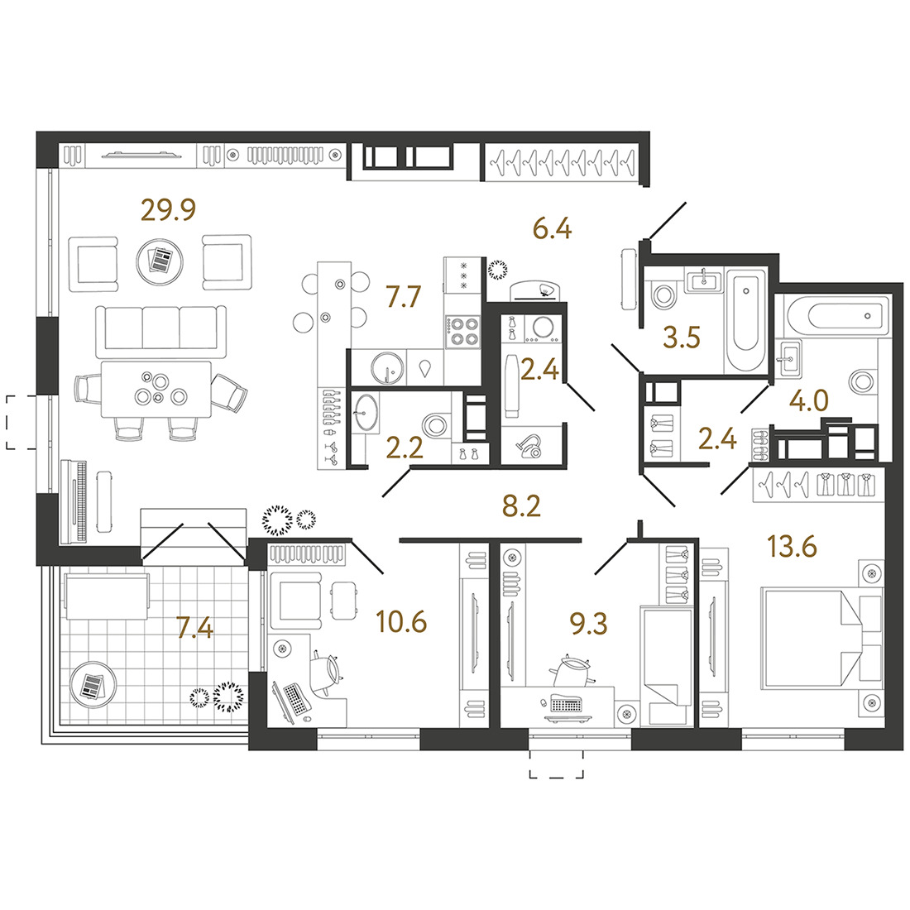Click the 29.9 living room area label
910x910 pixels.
tap(168, 210)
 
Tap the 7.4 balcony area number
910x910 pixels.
tap(195, 628)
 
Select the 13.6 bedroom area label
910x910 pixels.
tap(793, 546)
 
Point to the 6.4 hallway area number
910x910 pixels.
tap(553, 228)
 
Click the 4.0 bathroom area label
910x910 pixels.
tap(809, 400)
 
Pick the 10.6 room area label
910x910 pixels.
tap(401, 621)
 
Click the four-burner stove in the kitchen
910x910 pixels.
tap(462, 332)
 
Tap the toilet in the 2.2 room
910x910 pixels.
tap(434, 425)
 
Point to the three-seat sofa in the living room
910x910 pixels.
tap(160, 332)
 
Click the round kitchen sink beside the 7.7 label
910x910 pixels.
tap(387, 367)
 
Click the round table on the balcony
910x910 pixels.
tap(93, 685)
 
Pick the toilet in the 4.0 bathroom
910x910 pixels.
tap(861, 382)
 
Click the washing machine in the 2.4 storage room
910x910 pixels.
tap(543, 328)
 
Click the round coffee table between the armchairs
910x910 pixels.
tap(160, 261)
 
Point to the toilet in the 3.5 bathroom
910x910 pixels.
tap(663, 296)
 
